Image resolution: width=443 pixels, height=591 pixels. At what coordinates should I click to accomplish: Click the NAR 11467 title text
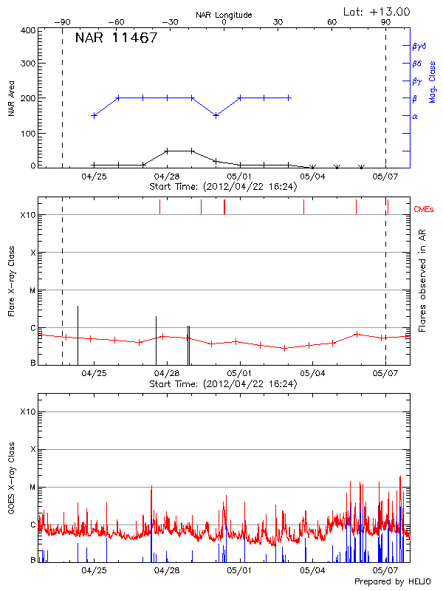116,38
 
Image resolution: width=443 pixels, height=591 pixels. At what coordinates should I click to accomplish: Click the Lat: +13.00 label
377,11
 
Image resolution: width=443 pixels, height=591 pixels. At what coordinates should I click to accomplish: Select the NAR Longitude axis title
224,14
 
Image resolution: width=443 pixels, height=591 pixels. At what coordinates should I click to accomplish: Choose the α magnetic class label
415,116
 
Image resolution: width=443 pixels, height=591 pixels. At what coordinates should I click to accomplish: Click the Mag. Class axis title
432,81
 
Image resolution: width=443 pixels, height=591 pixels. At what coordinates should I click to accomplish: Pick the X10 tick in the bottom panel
27,411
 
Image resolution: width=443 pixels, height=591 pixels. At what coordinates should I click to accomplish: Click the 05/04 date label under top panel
312,177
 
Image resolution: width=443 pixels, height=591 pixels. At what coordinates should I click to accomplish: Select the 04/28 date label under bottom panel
168,571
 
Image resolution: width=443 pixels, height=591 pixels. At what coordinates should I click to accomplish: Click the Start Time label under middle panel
223,384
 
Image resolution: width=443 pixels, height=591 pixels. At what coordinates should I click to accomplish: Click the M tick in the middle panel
32,290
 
